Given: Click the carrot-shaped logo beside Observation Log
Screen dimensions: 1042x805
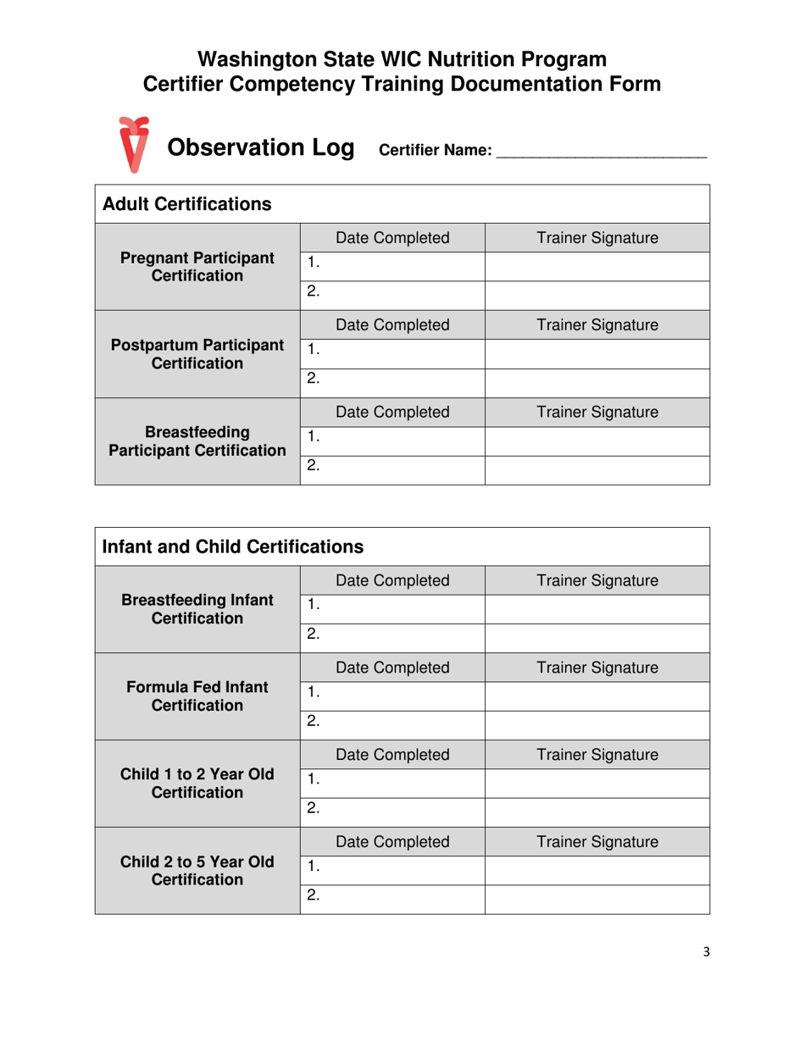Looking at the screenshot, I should pos(133,143).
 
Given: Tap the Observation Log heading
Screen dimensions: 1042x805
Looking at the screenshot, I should pos(260,147).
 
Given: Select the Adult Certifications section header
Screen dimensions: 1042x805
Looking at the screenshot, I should pos(186,204).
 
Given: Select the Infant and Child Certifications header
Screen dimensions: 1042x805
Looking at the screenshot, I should pos(232,547).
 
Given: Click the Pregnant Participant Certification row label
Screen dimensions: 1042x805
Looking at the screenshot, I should pos(197,266).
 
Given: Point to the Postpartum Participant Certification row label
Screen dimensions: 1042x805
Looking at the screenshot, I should pos(197,354).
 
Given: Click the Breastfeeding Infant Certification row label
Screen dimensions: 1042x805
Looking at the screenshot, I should pos(197,609).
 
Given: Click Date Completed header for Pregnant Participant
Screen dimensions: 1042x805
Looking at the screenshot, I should pos(392,238).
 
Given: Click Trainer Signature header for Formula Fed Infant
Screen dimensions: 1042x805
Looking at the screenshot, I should pos(597,668).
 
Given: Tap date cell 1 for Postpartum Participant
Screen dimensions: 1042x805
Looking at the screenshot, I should pos(392,354).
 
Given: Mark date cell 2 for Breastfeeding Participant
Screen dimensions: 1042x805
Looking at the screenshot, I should pos(392,469).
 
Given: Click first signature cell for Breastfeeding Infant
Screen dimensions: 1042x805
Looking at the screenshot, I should pos(597,609).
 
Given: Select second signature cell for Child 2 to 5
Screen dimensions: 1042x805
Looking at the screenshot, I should pos(597,900).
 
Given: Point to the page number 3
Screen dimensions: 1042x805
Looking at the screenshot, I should pos(706,952).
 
